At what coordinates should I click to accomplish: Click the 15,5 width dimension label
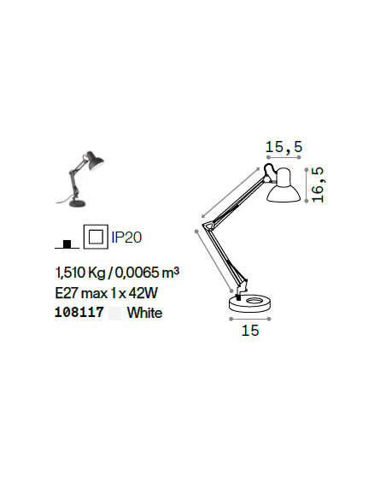tap(284, 147)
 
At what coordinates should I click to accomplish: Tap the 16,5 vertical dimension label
tap(318, 185)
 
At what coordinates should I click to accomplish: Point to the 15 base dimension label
tap(250, 331)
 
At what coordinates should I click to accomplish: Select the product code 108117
tap(79, 312)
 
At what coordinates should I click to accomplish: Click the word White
tap(144, 313)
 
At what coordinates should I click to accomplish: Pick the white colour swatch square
tap(115, 313)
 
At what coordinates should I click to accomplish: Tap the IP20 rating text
tap(126, 238)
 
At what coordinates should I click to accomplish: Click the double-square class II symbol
tap(96, 237)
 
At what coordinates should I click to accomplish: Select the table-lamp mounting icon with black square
tap(67, 244)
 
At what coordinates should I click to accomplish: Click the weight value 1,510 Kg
tap(80, 273)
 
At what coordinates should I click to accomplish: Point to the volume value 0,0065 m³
tap(147, 273)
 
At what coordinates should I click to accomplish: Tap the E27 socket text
tap(67, 293)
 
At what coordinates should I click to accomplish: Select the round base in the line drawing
tap(250, 303)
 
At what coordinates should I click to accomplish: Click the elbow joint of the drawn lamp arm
tap(208, 225)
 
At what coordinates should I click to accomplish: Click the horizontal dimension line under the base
tap(250, 319)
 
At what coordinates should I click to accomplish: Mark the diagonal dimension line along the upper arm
tap(231, 191)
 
